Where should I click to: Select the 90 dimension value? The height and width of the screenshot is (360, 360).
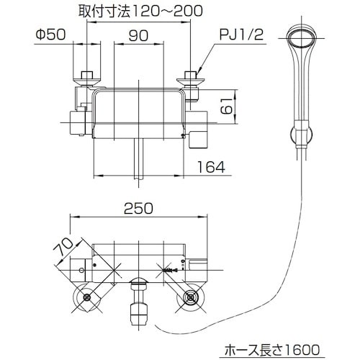pos(140,33)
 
